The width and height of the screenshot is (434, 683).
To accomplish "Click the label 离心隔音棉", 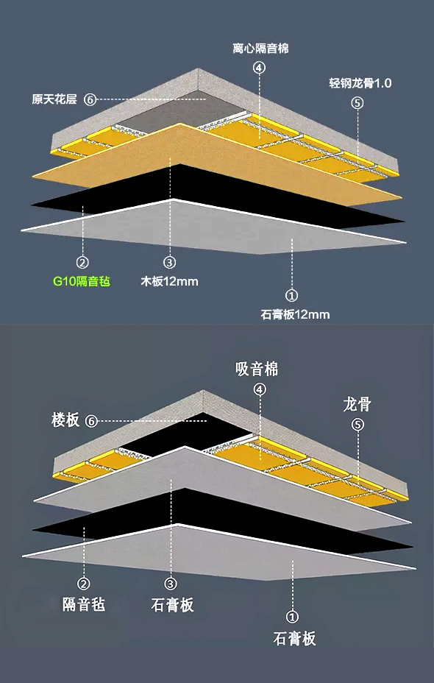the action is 260,48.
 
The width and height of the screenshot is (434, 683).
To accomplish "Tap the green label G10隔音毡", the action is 82,281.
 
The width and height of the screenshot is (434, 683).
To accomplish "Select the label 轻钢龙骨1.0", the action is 360,82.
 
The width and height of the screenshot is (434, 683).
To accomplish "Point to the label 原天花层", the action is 54,99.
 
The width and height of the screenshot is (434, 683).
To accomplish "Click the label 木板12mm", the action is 169,281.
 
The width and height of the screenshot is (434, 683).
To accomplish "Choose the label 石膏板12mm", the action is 295,314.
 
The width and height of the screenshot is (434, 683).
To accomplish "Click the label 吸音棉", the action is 257,369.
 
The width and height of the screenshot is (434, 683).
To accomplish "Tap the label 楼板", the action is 65,420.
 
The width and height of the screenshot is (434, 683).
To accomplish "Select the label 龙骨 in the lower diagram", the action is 357,405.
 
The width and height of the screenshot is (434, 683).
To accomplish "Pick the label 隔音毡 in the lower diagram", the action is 84,604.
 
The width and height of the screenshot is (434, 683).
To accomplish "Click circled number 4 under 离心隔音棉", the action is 260,68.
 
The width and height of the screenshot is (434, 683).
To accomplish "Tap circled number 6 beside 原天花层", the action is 90,99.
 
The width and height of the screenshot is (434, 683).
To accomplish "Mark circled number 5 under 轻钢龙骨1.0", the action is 357,103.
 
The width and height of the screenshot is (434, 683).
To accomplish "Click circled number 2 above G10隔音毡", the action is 82,262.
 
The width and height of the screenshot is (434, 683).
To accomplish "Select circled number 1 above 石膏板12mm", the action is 291,295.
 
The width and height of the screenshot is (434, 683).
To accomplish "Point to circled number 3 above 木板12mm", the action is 169,262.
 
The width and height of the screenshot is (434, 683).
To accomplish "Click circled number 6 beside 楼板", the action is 91,421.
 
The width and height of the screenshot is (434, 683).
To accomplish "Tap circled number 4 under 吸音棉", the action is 260,389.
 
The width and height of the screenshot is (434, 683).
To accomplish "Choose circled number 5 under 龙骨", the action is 357,425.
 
